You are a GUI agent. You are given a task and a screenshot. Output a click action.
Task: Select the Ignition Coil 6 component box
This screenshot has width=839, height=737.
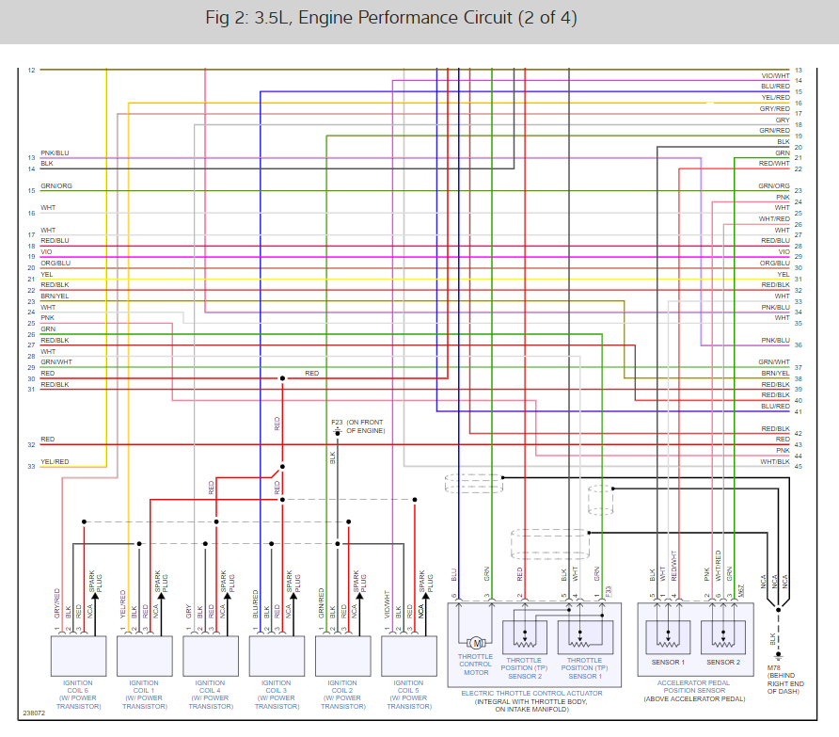78,651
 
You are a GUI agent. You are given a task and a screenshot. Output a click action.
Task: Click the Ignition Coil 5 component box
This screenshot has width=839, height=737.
409,651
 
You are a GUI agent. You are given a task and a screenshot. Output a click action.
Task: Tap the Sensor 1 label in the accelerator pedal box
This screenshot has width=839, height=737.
668,663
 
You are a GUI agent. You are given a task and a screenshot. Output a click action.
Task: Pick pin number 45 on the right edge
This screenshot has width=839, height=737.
799,466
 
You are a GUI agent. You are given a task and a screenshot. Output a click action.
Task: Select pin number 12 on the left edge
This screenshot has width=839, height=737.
31,71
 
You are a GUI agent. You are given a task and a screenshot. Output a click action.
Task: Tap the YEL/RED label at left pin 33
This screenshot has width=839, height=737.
55,462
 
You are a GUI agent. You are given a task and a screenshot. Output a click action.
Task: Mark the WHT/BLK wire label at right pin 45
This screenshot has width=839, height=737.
775,462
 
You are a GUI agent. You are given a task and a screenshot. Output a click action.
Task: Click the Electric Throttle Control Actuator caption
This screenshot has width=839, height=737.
531,694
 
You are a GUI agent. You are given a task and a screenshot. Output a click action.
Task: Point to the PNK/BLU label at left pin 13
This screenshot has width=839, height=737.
55,153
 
